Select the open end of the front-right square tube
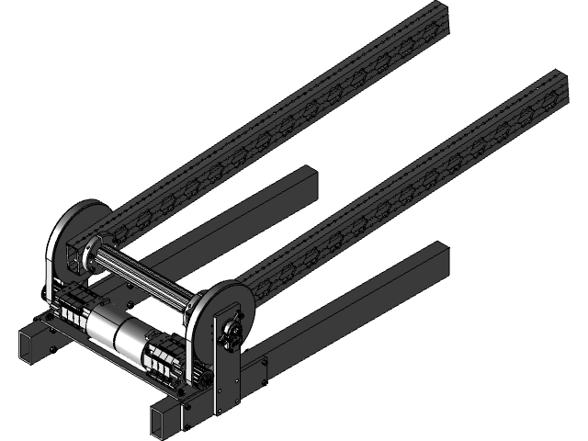tap(165, 423)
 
